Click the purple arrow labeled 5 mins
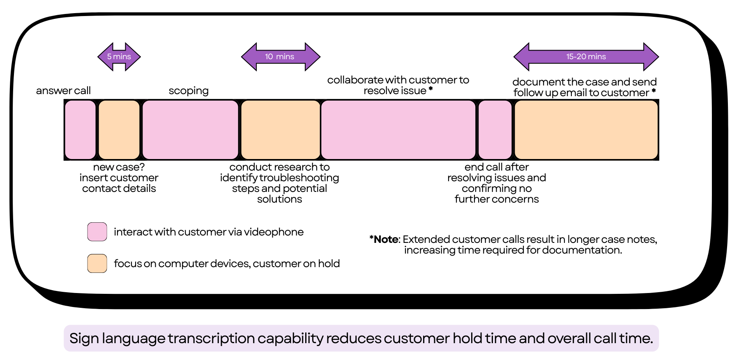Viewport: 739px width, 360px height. (x=119, y=57)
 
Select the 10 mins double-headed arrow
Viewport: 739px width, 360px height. (x=281, y=57)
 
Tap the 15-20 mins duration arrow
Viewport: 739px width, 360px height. (x=586, y=57)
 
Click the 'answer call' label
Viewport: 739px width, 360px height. (x=63, y=91)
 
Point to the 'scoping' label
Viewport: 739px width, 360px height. (x=189, y=91)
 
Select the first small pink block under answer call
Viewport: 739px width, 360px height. (x=80, y=130)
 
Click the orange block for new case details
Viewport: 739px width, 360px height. (x=119, y=130)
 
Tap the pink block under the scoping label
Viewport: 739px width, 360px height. (x=190, y=130)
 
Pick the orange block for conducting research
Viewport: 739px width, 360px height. (x=281, y=130)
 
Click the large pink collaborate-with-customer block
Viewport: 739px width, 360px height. (x=398, y=130)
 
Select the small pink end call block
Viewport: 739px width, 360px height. (x=495, y=130)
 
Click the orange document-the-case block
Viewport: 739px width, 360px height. (x=586, y=130)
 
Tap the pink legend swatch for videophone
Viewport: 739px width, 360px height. (x=97, y=232)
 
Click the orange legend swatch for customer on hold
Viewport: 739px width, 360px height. (x=97, y=263)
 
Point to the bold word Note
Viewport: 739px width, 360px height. (x=386, y=240)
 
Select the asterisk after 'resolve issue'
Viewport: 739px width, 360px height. (x=431, y=89)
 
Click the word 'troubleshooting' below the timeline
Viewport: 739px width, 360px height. (x=299, y=178)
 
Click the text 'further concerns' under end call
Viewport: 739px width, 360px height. (x=497, y=199)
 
